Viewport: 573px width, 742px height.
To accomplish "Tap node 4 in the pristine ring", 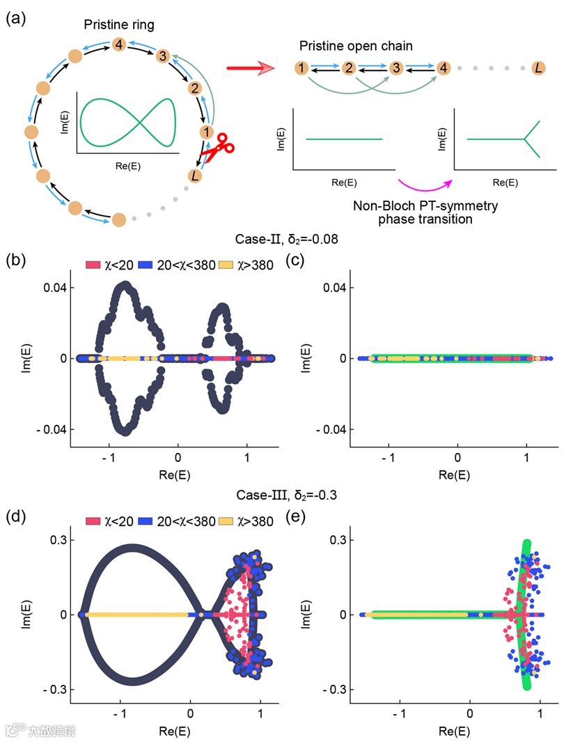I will [x=120, y=45].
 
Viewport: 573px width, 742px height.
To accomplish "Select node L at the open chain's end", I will [x=538, y=68].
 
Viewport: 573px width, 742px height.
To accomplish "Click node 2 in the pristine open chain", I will [x=350, y=68].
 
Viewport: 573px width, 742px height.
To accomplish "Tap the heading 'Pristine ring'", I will [x=120, y=25].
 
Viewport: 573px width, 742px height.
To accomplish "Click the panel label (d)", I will [x=16, y=518].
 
